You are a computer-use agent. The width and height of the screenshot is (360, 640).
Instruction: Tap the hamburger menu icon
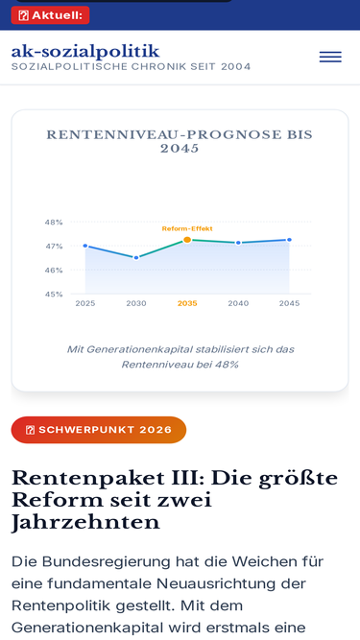[330, 58]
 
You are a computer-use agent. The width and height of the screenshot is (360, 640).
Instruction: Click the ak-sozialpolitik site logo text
[85, 52]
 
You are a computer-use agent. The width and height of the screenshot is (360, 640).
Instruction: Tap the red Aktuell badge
[50, 15]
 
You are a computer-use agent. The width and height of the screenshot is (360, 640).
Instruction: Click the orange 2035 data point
[187, 240]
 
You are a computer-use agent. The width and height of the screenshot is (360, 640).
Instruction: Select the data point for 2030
[136, 258]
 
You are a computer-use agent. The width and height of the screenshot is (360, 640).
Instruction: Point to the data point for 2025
[85, 246]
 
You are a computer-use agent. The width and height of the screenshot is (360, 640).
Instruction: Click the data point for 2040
[238, 243]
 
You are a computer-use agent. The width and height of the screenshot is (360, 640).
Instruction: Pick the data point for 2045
[289, 240]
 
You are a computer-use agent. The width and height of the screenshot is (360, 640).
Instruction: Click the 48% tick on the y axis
[54, 223]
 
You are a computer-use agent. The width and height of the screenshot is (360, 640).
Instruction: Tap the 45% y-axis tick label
[54, 295]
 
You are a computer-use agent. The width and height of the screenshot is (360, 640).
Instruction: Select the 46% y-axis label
[54, 271]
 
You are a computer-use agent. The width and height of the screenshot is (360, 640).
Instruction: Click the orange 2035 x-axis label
[187, 303]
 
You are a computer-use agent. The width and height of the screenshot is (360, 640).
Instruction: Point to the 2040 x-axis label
[238, 303]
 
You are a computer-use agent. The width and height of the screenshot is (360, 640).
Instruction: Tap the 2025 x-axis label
[85, 303]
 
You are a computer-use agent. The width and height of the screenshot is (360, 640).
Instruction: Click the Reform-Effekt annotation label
[187, 228]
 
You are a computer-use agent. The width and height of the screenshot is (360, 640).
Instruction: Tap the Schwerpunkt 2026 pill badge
[99, 430]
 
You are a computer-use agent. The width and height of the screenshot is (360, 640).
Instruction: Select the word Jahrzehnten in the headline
[85, 522]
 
